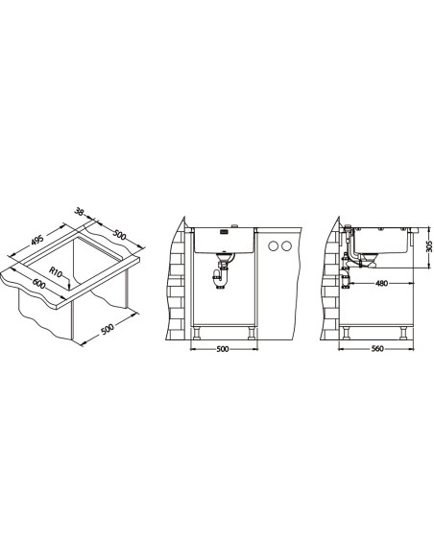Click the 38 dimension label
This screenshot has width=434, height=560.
[80, 212]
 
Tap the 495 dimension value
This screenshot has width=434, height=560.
[37, 240]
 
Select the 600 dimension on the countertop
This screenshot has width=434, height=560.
[38, 284]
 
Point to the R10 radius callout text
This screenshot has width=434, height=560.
[56, 272]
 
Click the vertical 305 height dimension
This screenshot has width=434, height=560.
[430, 246]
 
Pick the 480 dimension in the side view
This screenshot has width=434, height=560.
[381, 284]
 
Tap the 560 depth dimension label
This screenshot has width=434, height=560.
[377, 349]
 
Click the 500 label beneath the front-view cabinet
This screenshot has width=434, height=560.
[223, 349]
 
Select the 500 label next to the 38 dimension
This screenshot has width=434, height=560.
[119, 234]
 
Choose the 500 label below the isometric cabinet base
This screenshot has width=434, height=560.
[108, 329]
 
